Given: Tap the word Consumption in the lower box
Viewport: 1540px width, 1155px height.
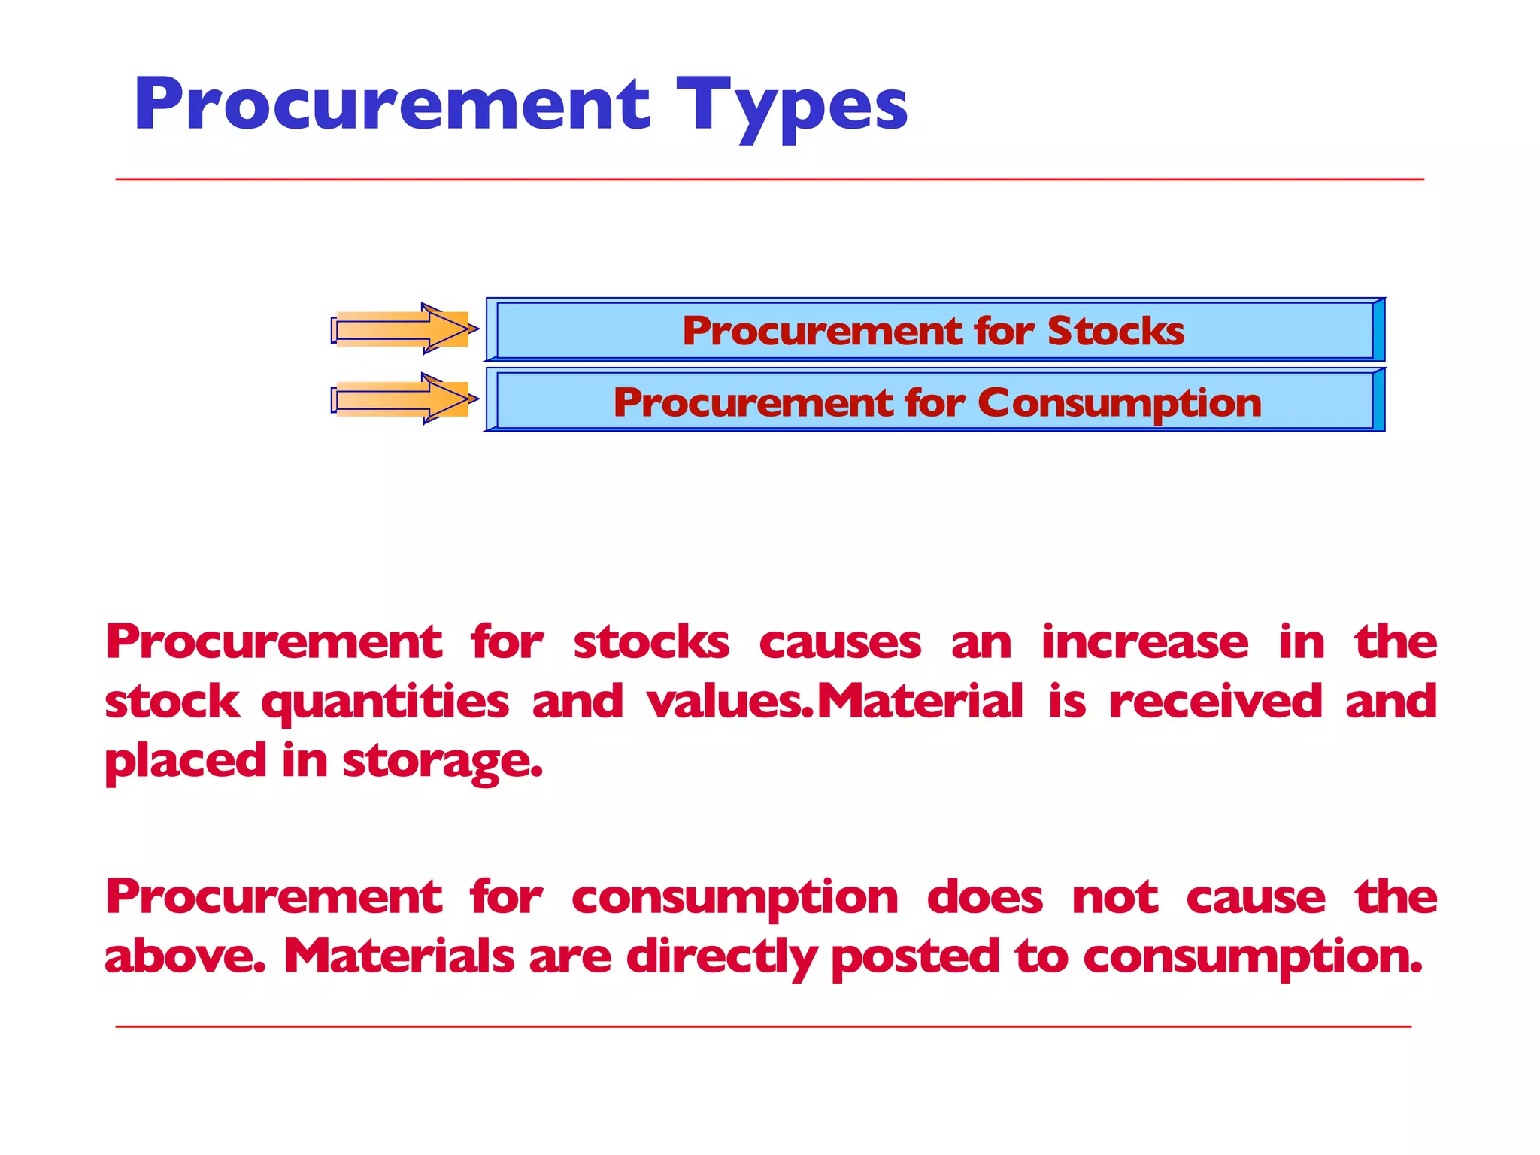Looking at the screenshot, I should [1120, 403].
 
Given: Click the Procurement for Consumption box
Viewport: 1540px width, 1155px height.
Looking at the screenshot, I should [935, 401].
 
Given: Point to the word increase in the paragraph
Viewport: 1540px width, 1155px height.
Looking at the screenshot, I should [1144, 643].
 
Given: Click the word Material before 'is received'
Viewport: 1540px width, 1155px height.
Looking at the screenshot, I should [920, 702].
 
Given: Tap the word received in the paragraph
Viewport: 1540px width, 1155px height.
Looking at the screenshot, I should [1215, 702].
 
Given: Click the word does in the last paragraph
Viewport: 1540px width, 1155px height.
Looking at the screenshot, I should [985, 898].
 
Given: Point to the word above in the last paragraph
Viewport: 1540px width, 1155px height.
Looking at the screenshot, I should [185, 956].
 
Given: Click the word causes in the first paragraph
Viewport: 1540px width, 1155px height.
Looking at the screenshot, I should [840, 643].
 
